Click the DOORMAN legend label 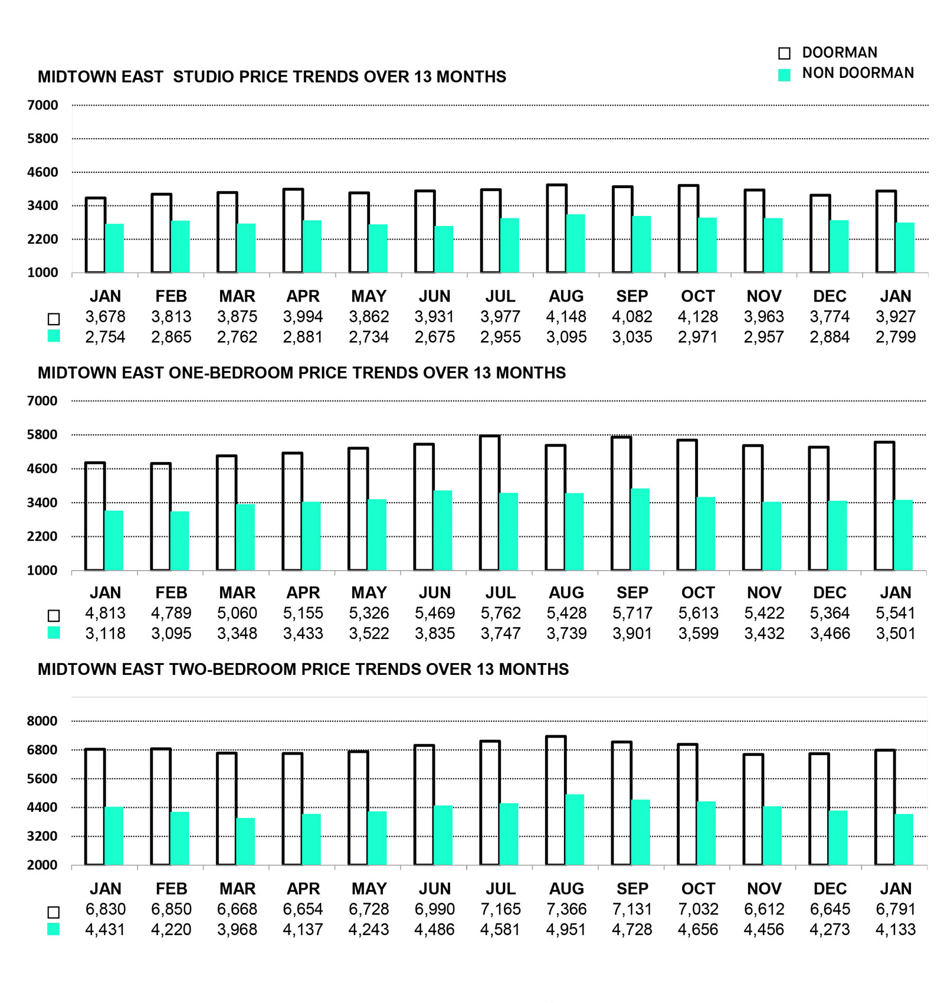(839, 53)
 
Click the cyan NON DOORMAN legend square (784, 75)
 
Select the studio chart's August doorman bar (556, 229)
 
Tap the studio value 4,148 (566, 317)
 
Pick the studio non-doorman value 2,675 (434, 337)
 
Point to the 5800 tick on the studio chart (42, 139)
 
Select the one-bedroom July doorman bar (490, 503)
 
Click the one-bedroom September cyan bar (640, 529)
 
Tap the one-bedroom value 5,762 (500, 613)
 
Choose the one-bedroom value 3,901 (632, 634)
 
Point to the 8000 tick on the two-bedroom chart (42, 721)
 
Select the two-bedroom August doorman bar (556, 801)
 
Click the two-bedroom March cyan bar (245, 841)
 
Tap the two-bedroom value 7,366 (566, 909)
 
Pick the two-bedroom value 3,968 (237, 930)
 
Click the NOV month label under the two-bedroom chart (764, 889)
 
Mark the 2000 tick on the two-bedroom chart (42, 865)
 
